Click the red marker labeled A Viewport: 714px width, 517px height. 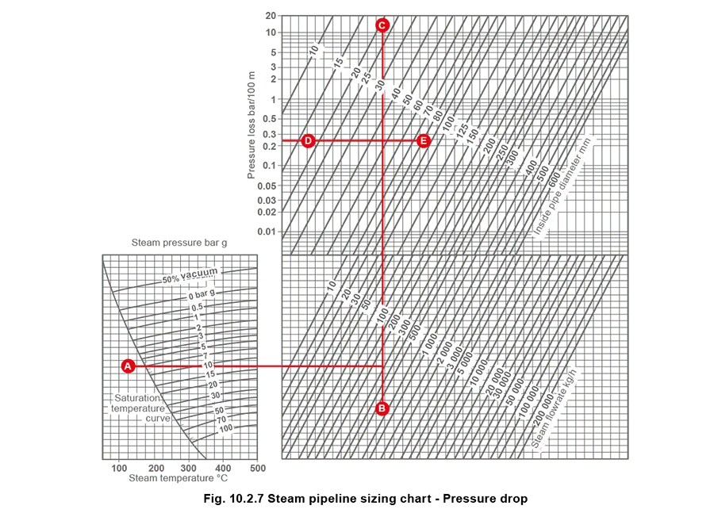[x=128, y=366]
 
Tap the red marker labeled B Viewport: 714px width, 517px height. [x=382, y=408]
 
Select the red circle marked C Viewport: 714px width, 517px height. [x=382, y=25]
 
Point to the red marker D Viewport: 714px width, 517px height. [x=309, y=140]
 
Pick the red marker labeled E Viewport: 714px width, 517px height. [x=424, y=140]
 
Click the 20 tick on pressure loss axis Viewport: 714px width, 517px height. [x=271, y=16]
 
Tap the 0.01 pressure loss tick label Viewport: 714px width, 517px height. [x=267, y=232]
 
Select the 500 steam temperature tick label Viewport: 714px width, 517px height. [x=258, y=468]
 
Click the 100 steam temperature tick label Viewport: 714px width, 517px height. [x=119, y=468]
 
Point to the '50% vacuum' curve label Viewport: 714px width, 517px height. [x=190, y=275]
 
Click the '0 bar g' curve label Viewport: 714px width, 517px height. [x=202, y=294]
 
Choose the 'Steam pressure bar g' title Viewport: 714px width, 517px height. [x=179, y=243]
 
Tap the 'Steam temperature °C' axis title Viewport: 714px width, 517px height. [x=178, y=478]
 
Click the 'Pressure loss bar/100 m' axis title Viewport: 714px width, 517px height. [x=251, y=125]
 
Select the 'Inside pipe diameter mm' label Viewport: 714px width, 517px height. [x=562, y=186]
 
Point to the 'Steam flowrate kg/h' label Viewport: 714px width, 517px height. [x=554, y=409]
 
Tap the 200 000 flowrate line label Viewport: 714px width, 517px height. [x=543, y=408]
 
